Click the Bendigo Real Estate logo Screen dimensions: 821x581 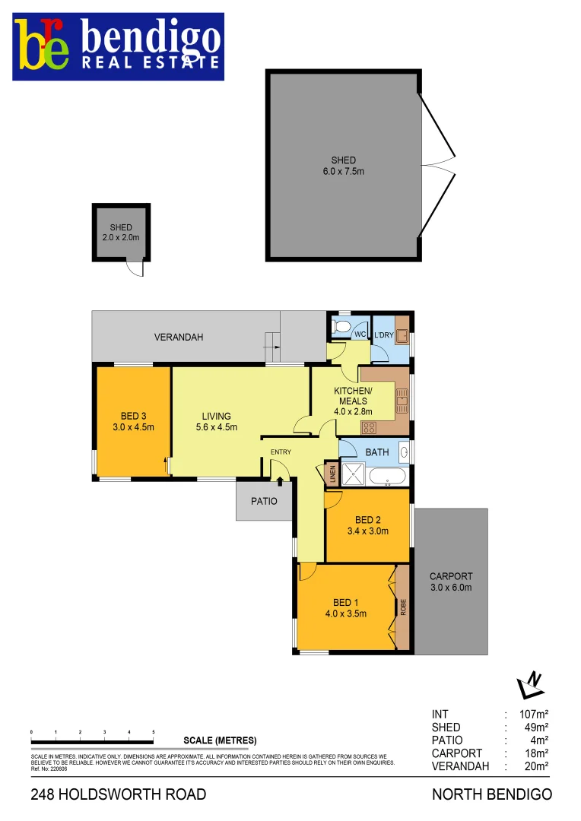(118, 46)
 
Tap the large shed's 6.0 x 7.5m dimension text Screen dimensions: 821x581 (343, 172)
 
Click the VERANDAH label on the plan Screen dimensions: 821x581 (179, 337)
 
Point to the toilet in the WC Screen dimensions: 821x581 (343, 328)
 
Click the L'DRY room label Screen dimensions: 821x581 (383, 334)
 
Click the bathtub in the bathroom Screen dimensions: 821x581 (388, 477)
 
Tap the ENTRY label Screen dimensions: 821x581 (281, 452)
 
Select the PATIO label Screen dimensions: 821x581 (264, 502)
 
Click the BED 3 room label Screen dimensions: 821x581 (134, 416)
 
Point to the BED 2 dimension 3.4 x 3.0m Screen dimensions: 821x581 (367, 531)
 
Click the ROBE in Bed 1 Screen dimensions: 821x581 (403, 607)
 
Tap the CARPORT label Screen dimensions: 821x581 (451, 576)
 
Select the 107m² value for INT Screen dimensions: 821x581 (535, 715)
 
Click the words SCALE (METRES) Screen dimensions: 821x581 (221, 740)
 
